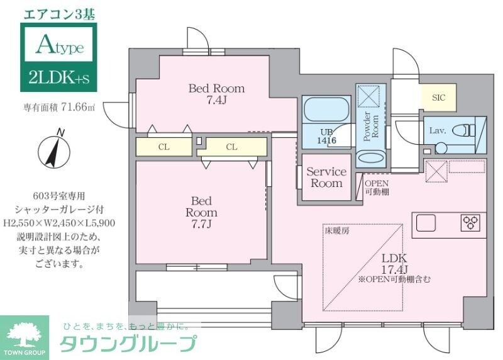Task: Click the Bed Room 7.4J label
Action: (x=216, y=94)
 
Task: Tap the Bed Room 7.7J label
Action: (x=201, y=212)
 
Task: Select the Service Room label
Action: (x=326, y=177)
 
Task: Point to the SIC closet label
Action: (x=438, y=98)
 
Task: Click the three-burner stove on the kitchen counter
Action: (x=470, y=222)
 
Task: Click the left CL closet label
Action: (x=163, y=147)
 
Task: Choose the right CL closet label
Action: (x=231, y=147)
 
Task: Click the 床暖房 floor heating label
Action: (x=338, y=231)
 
